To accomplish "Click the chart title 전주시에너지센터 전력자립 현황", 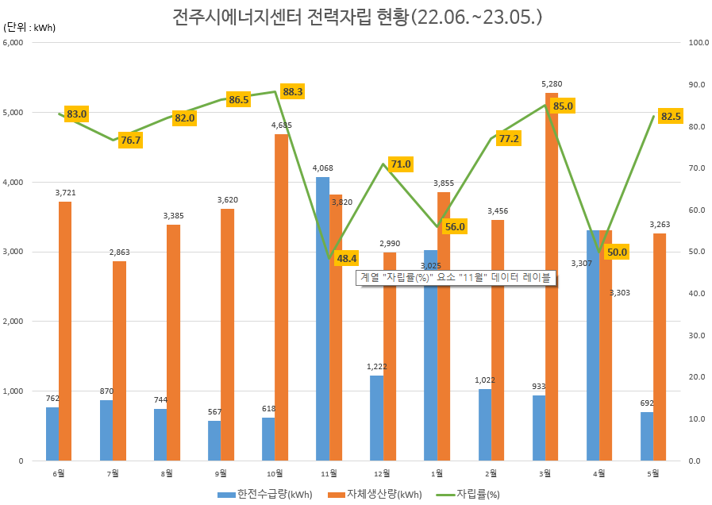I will [356, 17].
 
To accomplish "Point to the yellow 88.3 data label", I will [292, 92].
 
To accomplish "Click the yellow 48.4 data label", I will [347, 258].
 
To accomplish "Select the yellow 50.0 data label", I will [617, 252].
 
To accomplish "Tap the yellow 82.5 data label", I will [671, 117].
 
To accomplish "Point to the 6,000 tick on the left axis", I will [15, 42].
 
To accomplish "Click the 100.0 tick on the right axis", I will [699, 42].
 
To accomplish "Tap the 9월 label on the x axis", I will [221, 473].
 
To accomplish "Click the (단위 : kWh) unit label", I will [30, 28].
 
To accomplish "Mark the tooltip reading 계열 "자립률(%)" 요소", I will [456, 278].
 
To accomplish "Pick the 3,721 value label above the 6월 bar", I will [65, 192].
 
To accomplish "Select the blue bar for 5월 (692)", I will [647, 436].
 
